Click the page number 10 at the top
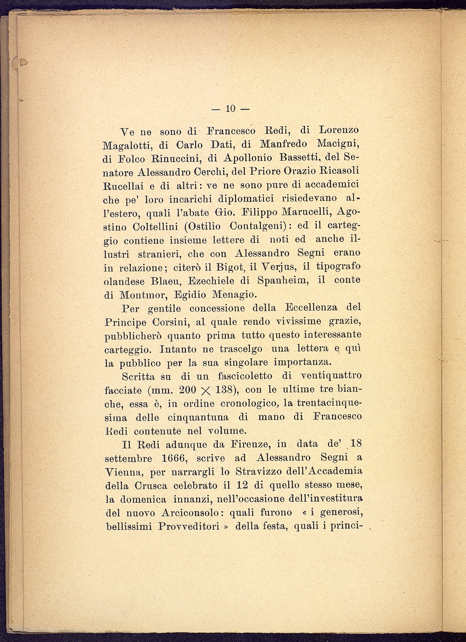230,109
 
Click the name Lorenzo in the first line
339,130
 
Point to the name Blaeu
162,281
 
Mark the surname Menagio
234,294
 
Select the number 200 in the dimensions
188,390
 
